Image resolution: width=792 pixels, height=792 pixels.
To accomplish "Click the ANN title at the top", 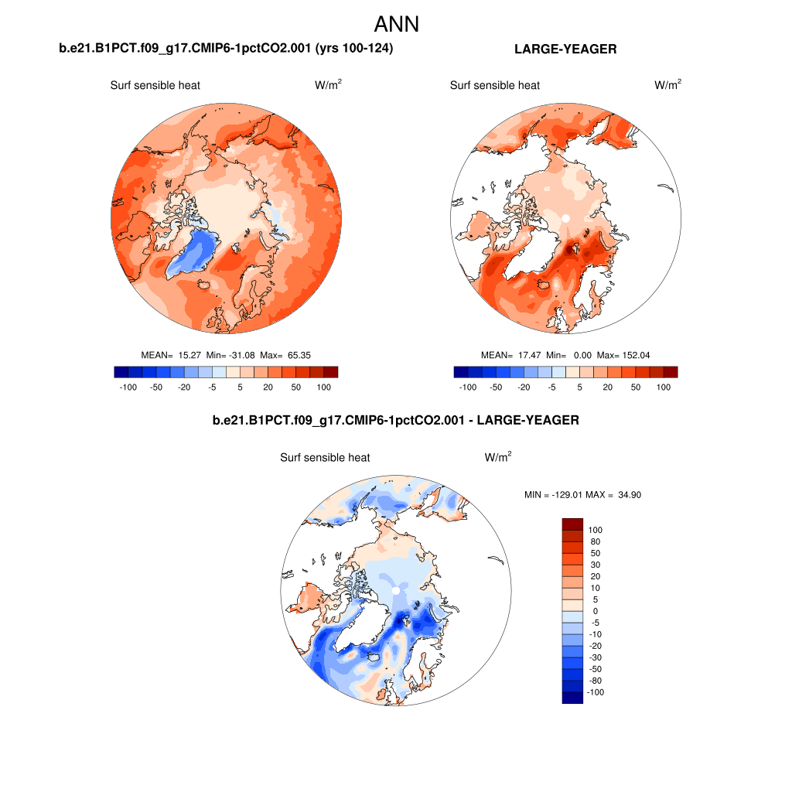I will pyautogui.click(x=396, y=24).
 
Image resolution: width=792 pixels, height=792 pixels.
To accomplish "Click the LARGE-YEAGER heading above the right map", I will pyautogui.click(x=565, y=49).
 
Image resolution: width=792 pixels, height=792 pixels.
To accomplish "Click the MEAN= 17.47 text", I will pyautogui.click(x=506, y=355).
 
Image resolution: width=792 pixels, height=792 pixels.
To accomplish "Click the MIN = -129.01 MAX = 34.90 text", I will pyautogui.click(x=582, y=494).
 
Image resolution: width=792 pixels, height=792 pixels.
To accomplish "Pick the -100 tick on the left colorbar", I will pyautogui.click(x=128, y=387).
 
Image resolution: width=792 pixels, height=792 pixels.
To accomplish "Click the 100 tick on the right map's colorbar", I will pyautogui.click(x=663, y=387).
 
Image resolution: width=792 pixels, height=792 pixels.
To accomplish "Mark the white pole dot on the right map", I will pyautogui.click(x=565, y=218).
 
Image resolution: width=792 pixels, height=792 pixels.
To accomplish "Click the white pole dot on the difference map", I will pyautogui.click(x=396, y=591).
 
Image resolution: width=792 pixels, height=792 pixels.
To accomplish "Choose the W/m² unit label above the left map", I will pyautogui.click(x=328, y=85).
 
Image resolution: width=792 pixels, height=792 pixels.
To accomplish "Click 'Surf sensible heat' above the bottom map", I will pyautogui.click(x=325, y=458).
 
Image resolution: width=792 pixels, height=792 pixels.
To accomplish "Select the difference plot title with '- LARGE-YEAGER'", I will pyautogui.click(x=395, y=421).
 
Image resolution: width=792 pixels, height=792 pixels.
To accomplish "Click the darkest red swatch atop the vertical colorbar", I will pyautogui.click(x=572, y=524).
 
